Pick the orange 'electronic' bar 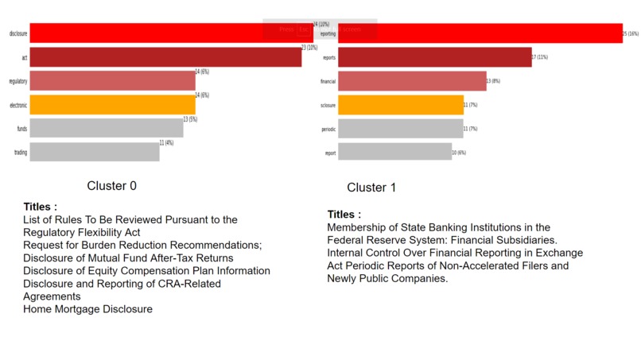pyautogui.click(x=112, y=105)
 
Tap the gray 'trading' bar pyautogui.click(x=95, y=152)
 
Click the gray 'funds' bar pyautogui.click(x=107, y=129)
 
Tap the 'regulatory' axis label pyautogui.click(x=17, y=81)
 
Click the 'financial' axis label pyautogui.click(x=328, y=81)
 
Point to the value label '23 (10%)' pyautogui.click(x=310, y=48)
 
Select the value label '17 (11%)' pyautogui.click(x=540, y=57)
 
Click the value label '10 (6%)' pyautogui.click(x=459, y=152)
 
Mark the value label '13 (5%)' pyautogui.click(x=191, y=119)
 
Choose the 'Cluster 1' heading pyautogui.click(x=371, y=188)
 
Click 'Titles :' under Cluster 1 pyautogui.click(x=344, y=215)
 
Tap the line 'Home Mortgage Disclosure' pyautogui.click(x=87, y=309)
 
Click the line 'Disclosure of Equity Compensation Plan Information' pyautogui.click(x=146, y=271)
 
